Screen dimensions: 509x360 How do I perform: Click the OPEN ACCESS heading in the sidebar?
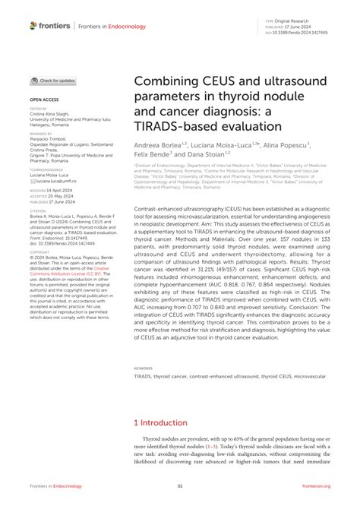tap(43, 100)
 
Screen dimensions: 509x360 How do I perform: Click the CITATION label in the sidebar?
tap(39, 212)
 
